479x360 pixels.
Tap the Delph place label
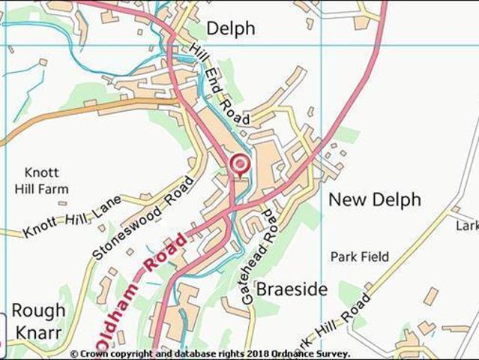[x=230, y=28]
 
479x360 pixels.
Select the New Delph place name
[x=375, y=199]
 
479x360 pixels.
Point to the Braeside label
[x=292, y=289]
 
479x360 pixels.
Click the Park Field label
[x=360, y=256]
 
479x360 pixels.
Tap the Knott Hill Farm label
[x=46, y=180]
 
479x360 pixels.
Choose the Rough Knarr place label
[x=37, y=319]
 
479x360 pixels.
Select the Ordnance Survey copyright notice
[x=210, y=354]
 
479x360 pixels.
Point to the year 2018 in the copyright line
[x=259, y=354]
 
